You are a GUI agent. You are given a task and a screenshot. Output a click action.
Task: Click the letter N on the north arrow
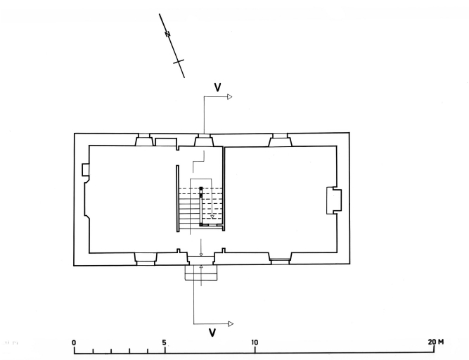coord(168,35)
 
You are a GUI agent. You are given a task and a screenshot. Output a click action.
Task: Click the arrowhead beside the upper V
coord(229,96)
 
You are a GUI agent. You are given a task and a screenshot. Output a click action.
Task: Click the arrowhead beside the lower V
coord(229,323)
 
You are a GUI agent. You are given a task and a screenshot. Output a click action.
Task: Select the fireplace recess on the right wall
coord(333,200)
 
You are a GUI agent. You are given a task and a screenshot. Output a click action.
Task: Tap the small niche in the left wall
coord(84,170)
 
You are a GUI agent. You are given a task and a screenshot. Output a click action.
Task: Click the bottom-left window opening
coord(145,257)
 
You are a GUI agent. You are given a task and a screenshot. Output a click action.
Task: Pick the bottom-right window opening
coord(280,257)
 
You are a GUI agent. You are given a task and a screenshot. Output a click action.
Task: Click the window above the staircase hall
coord(203,141)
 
